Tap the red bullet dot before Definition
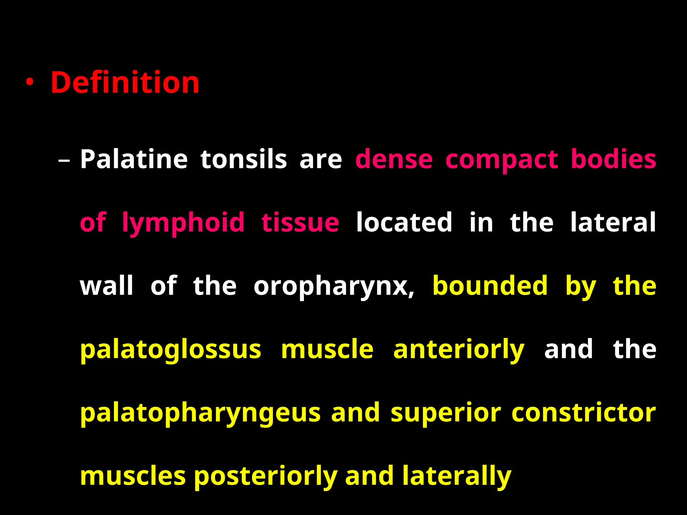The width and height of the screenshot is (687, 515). [x=30, y=82]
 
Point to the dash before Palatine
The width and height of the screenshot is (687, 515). [x=64, y=160]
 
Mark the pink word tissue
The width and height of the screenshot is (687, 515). [x=300, y=222]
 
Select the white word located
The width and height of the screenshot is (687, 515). [x=404, y=222]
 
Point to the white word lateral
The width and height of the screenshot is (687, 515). [x=613, y=222]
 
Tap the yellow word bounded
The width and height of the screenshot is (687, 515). [x=490, y=285]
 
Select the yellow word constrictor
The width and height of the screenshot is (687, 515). [x=584, y=412]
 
